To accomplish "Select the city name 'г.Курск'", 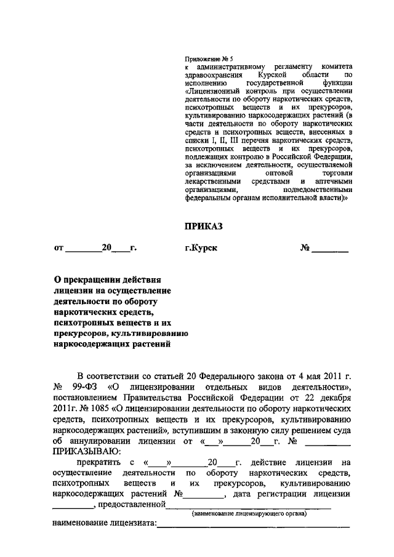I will coord(202,249).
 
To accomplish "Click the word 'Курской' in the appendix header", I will coord(275,74).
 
